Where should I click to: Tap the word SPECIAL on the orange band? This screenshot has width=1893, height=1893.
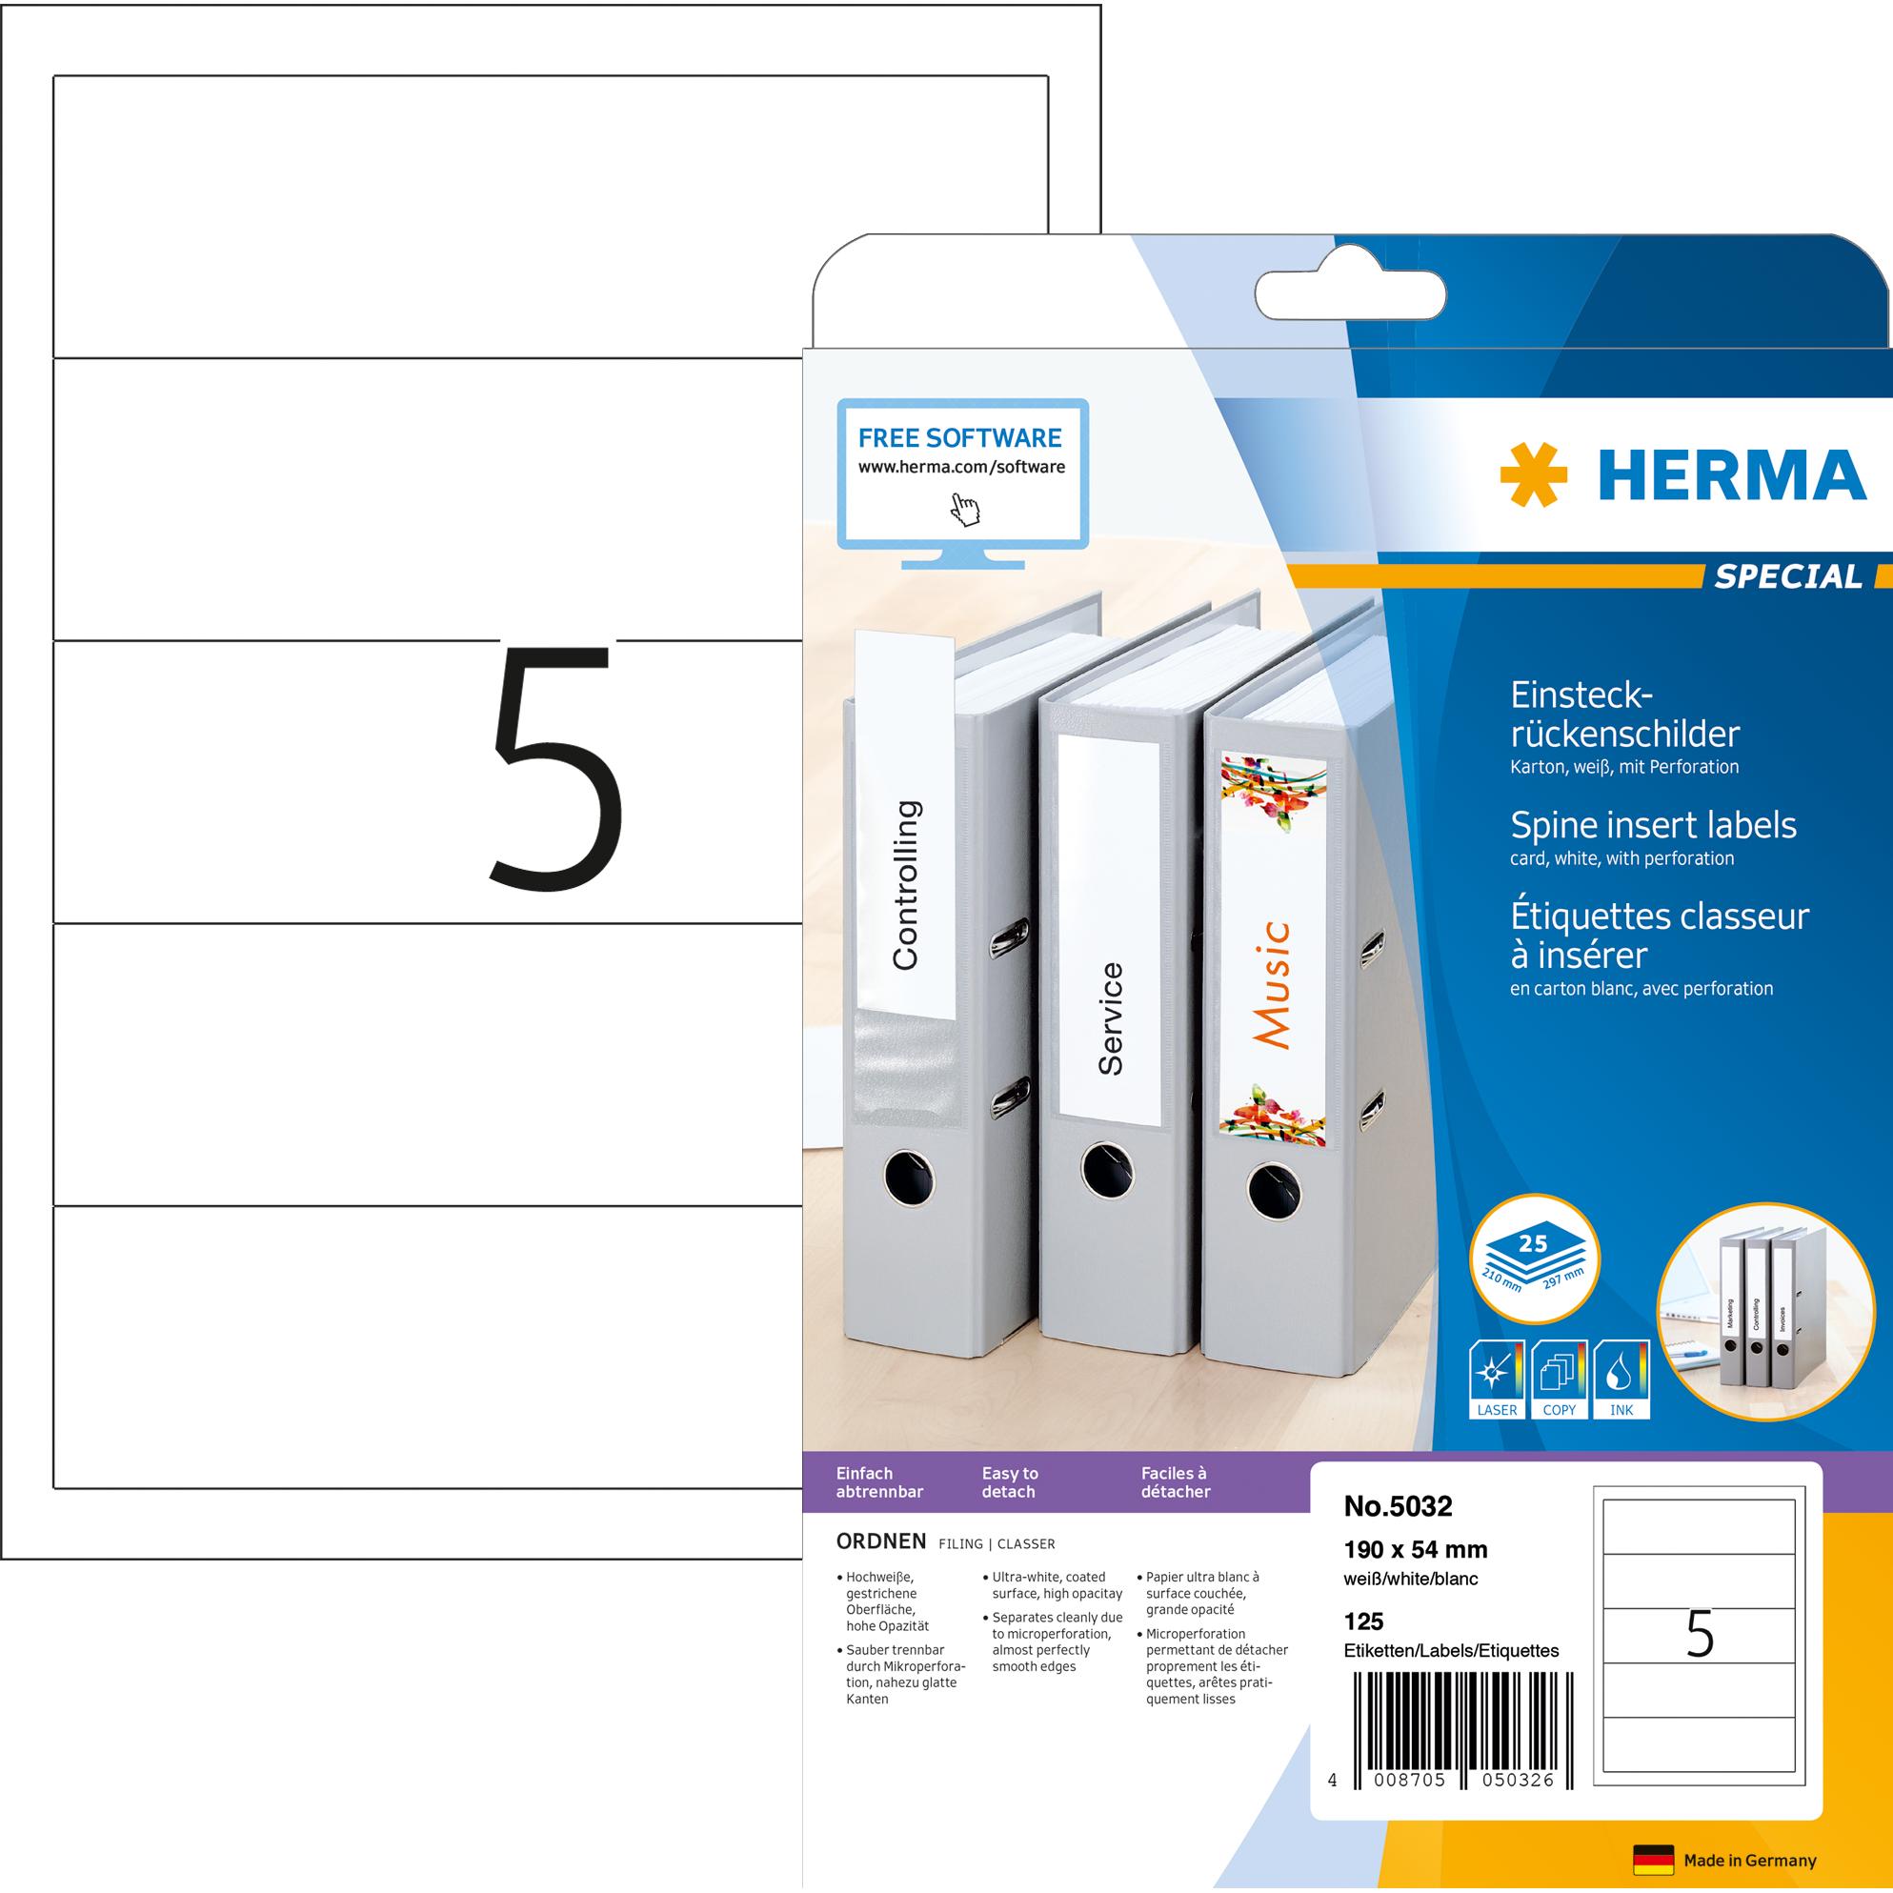coord(1787,576)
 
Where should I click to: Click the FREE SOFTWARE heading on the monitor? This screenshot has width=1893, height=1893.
coord(959,437)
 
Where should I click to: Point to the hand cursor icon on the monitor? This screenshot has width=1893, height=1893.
coord(966,509)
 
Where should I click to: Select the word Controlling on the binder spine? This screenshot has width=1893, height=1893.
coord(906,885)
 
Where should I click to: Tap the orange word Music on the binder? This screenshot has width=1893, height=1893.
coord(1273,984)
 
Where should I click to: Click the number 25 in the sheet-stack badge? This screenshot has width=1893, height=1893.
coord(1533,1243)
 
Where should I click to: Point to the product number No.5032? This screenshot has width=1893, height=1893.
coord(1398,1505)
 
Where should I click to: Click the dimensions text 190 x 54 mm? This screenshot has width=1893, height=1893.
coord(1415,1549)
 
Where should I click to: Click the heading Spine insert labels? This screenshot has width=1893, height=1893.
coord(1653,825)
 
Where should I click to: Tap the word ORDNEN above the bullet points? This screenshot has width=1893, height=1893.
coord(880,1541)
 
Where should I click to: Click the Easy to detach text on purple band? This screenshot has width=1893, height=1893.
coord(1010,1482)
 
